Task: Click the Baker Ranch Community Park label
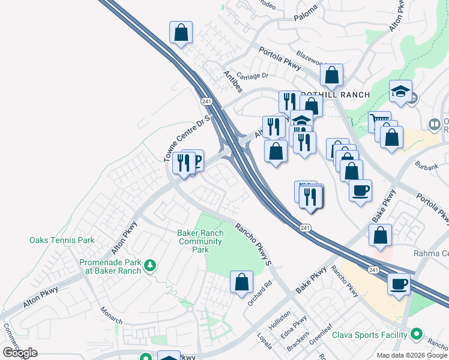click(x=201, y=241)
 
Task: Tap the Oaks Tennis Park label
click(x=62, y=240)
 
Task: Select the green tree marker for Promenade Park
click(x=151, y=265)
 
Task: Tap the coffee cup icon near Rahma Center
click(x=399, y=283)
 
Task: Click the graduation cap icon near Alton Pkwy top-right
click(x=400, y=91)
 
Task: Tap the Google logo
click(x=20, y=353)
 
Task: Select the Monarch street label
click(x=111, y=314)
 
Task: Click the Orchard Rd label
click(x=259, y=292)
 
